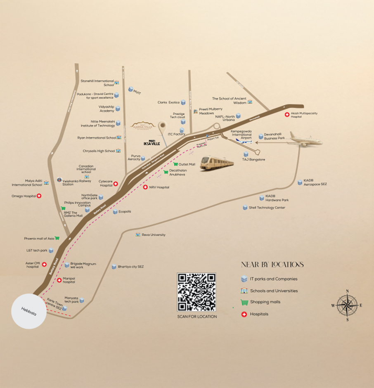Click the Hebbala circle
pyautogui.click(x=29, y=311)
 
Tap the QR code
pyautogui.click(x=196, y=292)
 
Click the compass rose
pyautogui.click(x=347, y=305)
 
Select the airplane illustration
pyautogui.click(x=306, y=139)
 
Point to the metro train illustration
pyautogui.click(x=217, y=163)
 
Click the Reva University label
pyautogui.click(x=154, y=235)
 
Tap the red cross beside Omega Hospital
pyautogui.click(x=39, y=196)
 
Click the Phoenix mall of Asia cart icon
pyautogui.click(x=57, y=238)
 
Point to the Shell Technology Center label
pyautogui.click(x=267, y=208)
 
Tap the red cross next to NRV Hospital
pyautogui.click(x=145, y=187)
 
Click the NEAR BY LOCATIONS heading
pyautogui.click(x=272, y=265)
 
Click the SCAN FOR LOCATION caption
pyautogui.click(x=196, y=317)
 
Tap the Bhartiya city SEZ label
pyautogui.click(x=130, y=267)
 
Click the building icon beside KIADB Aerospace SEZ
pyautogui.click(x=300, y=182)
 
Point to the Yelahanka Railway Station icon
pyautogui.click(x=60, y=180)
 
